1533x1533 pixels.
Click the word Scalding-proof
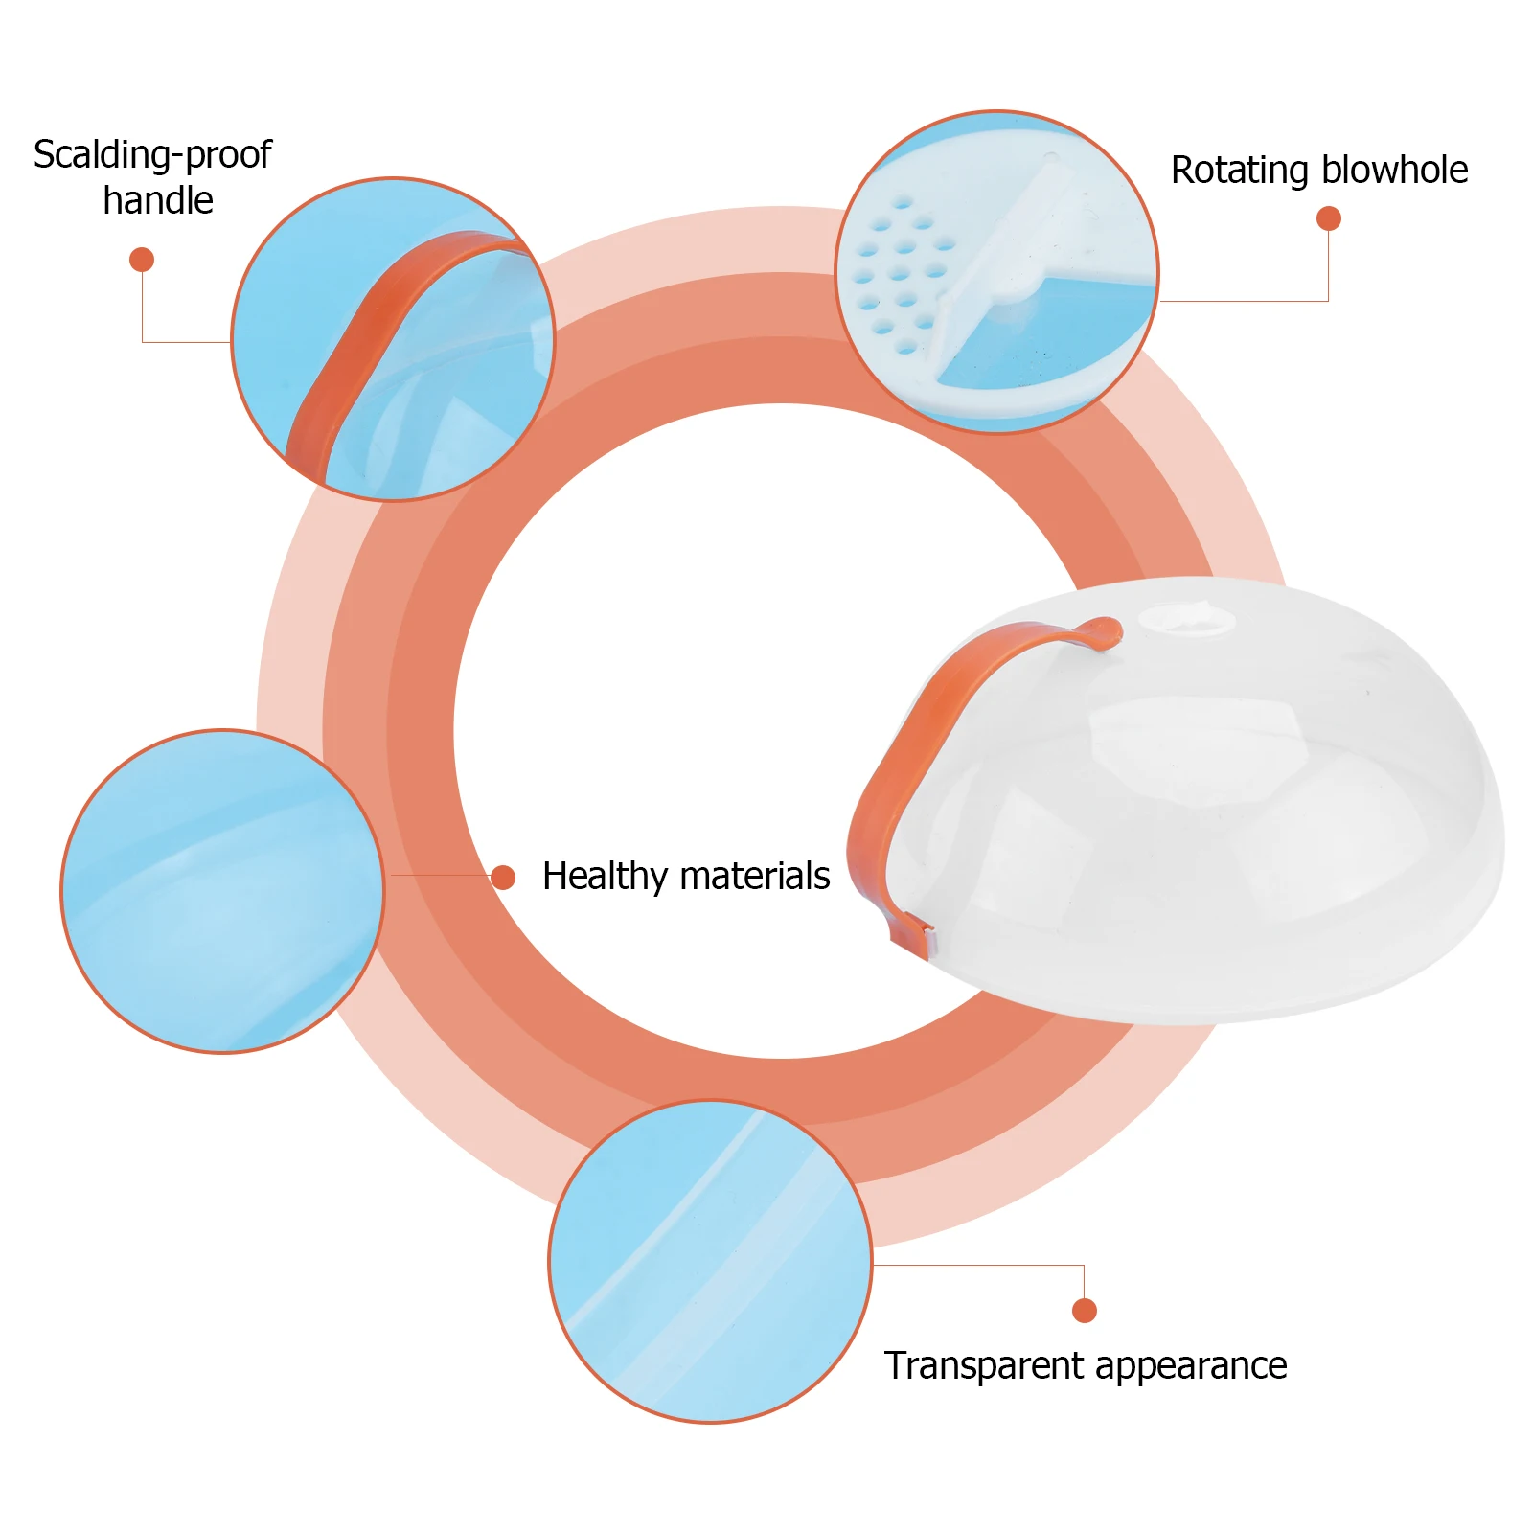pos(152,155)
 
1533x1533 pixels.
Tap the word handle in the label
pos(158,201)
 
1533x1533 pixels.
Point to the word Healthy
pos(605,877)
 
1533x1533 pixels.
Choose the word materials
pos(756,877)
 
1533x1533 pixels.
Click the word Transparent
pos(985,1366)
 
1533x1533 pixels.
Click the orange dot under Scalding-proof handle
pos(142,260)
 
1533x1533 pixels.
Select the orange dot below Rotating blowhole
pos(1328,218)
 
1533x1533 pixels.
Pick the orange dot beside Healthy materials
pos(503,877)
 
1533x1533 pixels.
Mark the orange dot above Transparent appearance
pos(1084,1310)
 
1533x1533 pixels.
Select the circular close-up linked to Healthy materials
pos(222,891)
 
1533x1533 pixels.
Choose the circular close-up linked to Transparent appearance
pos(710,1261)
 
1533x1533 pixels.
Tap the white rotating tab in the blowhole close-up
pos(1006,259)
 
